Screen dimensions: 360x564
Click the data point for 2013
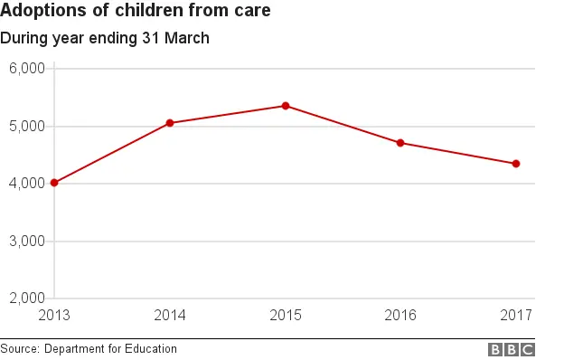tap(54, 183)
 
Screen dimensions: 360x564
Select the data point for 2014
tap(170, 123)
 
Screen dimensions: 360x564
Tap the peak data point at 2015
tap(286, 106)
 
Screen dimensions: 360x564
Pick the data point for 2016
tap(400, 143)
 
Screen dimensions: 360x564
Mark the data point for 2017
tap(516, 164)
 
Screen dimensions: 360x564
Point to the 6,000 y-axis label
tap(27, 69)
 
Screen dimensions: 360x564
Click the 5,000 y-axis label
tap(27, 127)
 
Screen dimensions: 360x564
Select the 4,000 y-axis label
tap(27, 184)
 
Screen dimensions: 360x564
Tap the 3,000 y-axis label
tap(27, 242)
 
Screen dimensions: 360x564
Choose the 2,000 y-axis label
tap(27, 298)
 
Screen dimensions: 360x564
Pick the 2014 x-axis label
tap(170, 315)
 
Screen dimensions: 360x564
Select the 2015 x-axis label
tap(286, 315)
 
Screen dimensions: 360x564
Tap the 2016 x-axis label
tap(401, 315)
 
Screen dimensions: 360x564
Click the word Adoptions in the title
tap(40, 13)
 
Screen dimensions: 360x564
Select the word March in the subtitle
tap(186, 38)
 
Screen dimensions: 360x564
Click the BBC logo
tap(512, 349)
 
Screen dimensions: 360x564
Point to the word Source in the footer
tap(19, 349)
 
